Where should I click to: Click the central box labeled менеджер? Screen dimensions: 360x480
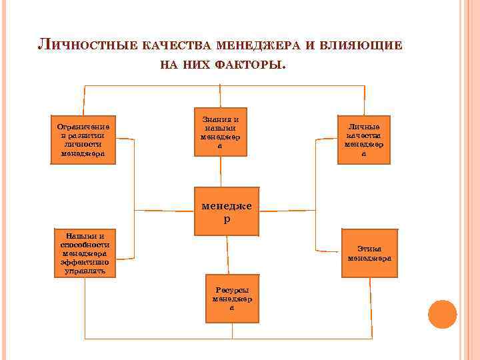click(x=227, y=212)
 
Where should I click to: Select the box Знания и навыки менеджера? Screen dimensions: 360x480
click(x=220, y=131)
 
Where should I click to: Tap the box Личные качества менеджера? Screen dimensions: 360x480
click(x=363, y=139)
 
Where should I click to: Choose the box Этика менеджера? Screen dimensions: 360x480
click(x=369, y=253)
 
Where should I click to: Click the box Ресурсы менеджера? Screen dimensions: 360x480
click(x=231, y=298)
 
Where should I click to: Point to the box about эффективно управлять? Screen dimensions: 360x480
click(x=85, y=253)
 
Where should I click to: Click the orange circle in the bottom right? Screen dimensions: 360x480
click(x=442, y=314)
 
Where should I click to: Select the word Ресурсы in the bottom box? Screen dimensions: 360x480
click(x=232, y=290)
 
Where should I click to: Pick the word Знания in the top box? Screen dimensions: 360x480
click(x=216, y=119)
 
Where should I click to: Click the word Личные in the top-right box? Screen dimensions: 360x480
click(x=364, y=127)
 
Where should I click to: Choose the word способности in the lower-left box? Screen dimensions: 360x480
click(x=85, y=245)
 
